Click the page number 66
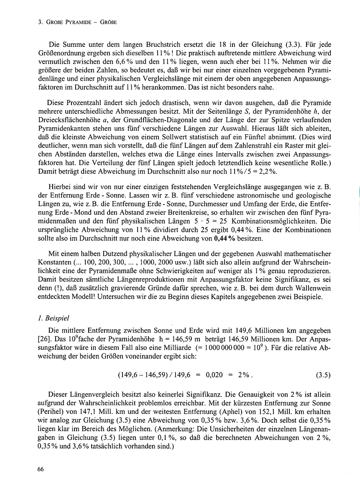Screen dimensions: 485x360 tap(41, 469)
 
